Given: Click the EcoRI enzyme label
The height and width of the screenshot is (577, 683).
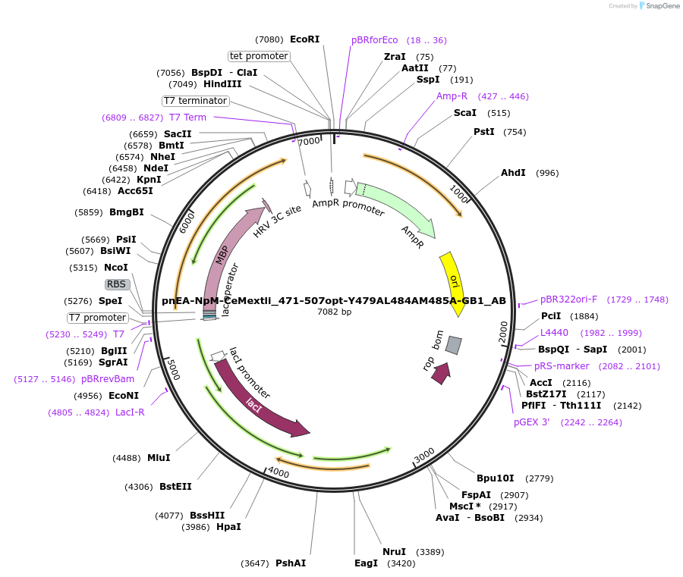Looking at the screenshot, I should (304, 39).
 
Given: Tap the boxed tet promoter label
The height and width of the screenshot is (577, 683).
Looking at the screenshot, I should (259, 56).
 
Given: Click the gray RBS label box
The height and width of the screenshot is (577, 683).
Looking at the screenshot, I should (116, 284).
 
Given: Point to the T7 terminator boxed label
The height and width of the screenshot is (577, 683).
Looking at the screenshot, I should (195, 101).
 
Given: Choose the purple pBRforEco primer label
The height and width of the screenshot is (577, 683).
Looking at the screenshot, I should (374, 40).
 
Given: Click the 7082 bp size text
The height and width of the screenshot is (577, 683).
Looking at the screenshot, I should (334, 312).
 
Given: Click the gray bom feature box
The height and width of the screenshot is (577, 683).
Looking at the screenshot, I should (453, 345).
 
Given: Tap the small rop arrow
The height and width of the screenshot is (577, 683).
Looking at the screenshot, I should (440, 372).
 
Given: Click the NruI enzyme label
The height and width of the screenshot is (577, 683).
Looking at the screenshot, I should (394, 552).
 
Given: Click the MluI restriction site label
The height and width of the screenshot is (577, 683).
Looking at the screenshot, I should (159, 458).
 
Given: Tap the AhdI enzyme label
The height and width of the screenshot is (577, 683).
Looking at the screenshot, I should (513, 173).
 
